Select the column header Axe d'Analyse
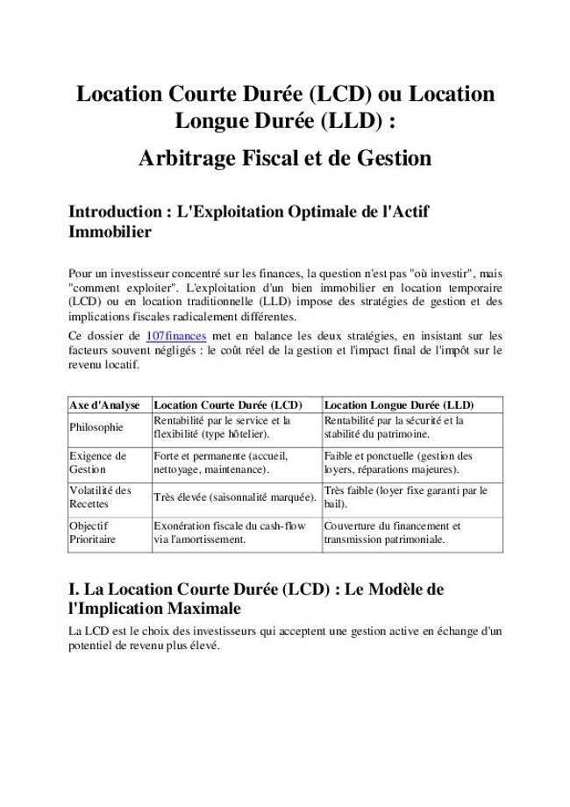point(103,405)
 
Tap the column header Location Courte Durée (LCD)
point(227,405)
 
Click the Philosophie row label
point(96,427)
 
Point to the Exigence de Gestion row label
point(97,463)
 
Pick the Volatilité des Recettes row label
point(100,497)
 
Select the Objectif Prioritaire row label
point(92,533)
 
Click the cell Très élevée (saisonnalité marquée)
point(234,497)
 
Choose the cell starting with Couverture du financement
point(392,533)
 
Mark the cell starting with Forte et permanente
point(220,463)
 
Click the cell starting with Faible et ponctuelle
point(397,463)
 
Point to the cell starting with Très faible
point(405,497)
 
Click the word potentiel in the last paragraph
point(94,645)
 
